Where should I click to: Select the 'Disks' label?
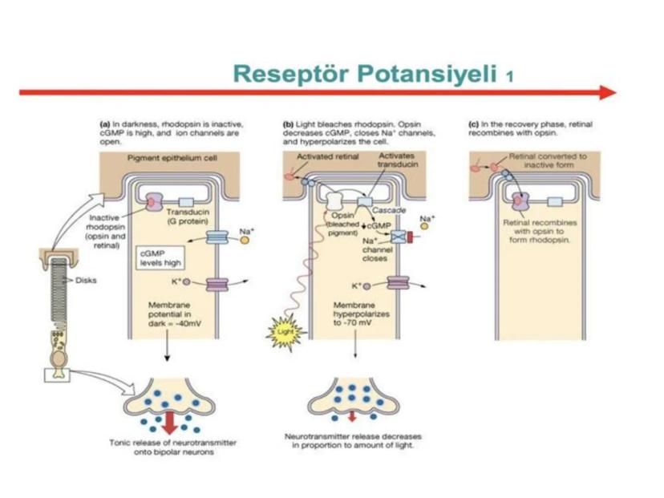click(x=85, y=280)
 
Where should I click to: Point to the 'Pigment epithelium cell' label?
click(x=172, y=158)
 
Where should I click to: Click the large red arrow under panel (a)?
click(x=170, y=421)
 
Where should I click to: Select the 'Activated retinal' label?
click(x=320, y=158)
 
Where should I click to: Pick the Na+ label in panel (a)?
click(x=246, y=230)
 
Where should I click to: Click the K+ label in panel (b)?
click(x=356, y=285)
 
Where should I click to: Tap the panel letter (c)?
click(x=472, y=124)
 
